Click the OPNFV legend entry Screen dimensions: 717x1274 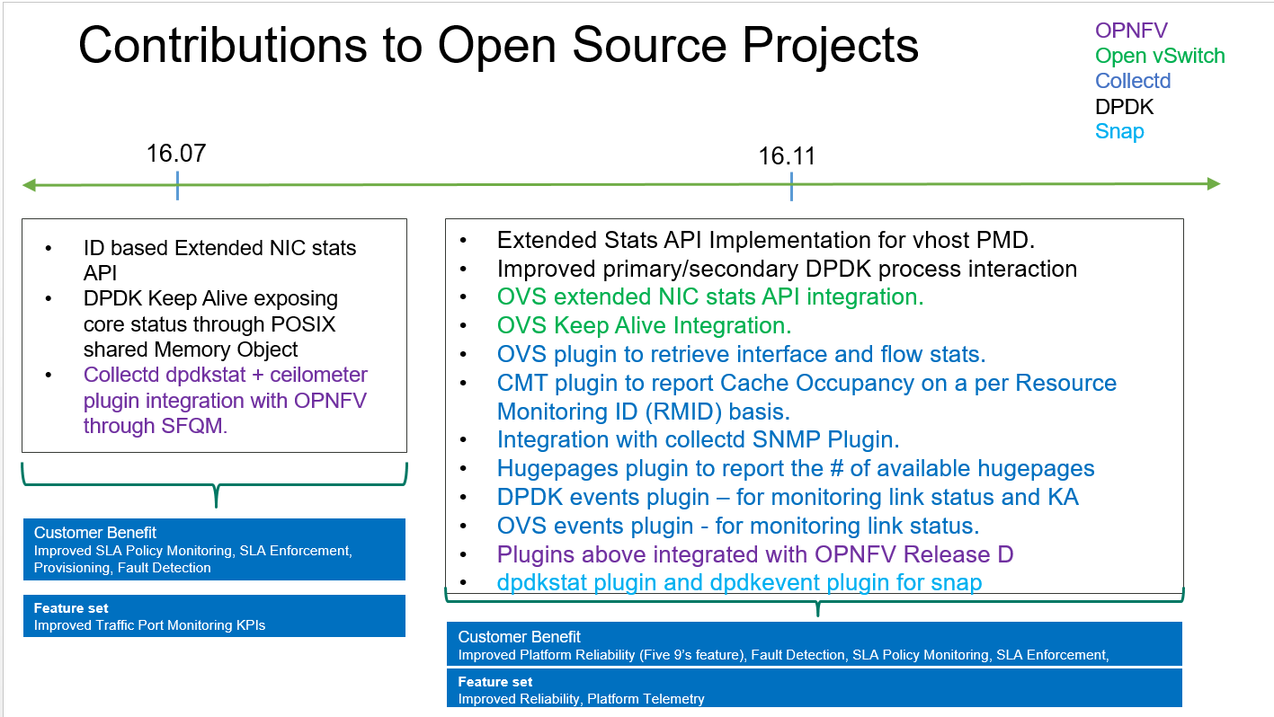1131,31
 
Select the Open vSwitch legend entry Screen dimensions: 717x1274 1160,56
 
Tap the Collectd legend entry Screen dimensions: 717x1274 1133,81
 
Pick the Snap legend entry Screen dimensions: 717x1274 1119,131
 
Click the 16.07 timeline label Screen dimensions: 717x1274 176,153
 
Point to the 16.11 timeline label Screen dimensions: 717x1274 787,156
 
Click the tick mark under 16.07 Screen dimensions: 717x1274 178,186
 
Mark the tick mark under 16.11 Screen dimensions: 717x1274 791,186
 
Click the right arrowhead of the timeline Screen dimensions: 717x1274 1214,184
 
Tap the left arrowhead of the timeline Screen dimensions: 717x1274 30,186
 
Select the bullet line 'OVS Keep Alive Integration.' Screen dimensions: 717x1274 644,325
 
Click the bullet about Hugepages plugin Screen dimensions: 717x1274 795,468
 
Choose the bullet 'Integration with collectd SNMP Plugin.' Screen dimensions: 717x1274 698,439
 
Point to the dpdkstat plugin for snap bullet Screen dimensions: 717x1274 739,582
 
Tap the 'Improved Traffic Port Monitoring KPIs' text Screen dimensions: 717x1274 149,625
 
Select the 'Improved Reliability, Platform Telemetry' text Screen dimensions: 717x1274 581,698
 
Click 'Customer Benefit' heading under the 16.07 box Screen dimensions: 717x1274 95,532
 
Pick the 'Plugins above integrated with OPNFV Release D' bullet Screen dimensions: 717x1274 755,553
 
